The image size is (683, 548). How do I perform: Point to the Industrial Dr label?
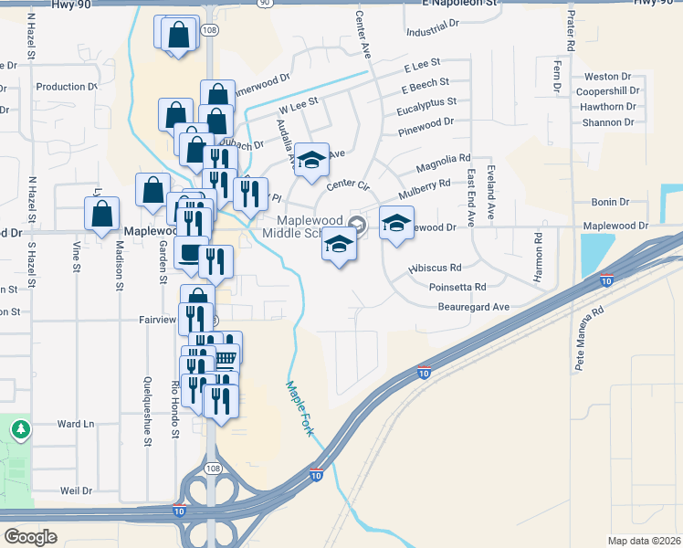(x=435, y=32)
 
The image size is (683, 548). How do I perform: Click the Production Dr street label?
(x=67, y=87)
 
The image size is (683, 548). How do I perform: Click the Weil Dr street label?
(x=76, y=490)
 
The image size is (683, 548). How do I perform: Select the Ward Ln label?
(x=76, y=424)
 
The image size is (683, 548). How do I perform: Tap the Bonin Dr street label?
(x=611, y=202)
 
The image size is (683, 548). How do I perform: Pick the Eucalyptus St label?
(x=426, y=104)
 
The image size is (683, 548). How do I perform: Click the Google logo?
(x=31, y=536)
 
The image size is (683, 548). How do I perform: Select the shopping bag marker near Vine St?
(x=102, y=214)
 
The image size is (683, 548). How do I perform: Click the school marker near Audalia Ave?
(x=311, y=159)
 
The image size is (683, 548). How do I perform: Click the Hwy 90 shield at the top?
(x=265, y=4)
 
